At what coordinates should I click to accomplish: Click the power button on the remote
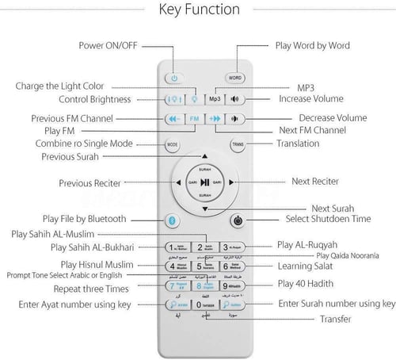[175, 78]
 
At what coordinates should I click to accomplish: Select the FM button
[195, 118]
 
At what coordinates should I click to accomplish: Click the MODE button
[172, 145]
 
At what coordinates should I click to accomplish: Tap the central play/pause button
[204, 182]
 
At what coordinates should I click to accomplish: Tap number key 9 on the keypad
[233, 285]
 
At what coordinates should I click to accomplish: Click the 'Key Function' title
[199, 10]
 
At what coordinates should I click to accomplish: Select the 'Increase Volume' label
[310, 98]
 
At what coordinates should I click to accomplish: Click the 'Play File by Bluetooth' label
[85, 218]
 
